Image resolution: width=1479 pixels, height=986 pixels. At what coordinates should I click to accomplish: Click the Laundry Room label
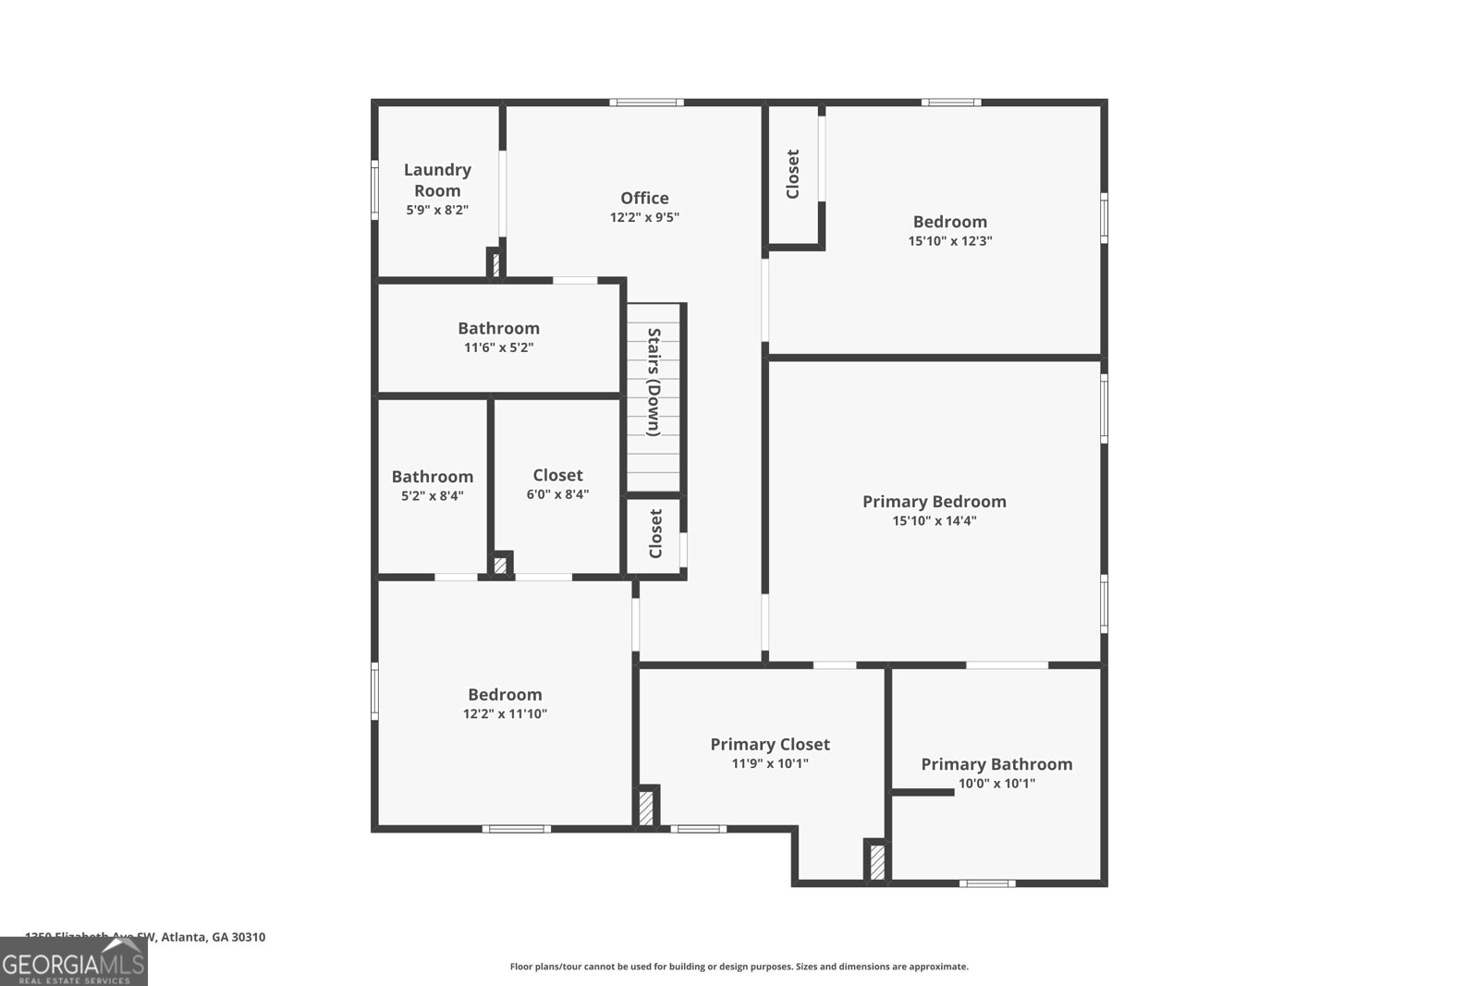(x=437, y=180)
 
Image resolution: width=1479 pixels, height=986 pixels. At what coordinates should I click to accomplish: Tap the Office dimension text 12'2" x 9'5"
(x=644, y=218)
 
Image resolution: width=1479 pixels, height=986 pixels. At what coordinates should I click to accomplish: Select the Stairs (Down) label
(x=654, y=382)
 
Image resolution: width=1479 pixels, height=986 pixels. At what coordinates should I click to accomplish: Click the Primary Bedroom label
(x=934, y=501)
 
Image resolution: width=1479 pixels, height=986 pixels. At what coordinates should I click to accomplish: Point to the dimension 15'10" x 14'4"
(x=934, y=521)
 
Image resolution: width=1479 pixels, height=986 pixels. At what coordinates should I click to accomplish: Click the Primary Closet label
(x=770, y=744)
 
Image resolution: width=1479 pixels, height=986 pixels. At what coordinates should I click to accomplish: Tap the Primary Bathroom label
(x=996, y=763)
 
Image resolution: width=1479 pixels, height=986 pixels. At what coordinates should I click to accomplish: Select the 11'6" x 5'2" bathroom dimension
(x=498, y=348)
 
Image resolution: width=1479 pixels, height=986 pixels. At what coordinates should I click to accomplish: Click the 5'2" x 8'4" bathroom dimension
(x=432, y=496)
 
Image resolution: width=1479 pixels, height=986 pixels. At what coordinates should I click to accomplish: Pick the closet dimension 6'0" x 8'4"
(x=557, y=494)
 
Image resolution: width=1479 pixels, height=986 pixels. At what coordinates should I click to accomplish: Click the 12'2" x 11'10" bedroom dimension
(x=505, y=714)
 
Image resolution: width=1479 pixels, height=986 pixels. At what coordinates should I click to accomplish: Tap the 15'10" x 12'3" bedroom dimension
(x=950, y=241)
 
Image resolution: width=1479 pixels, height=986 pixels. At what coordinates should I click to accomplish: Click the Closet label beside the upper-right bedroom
(x=792, y=174)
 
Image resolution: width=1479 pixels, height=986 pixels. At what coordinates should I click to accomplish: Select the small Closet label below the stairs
(x=655, y=534)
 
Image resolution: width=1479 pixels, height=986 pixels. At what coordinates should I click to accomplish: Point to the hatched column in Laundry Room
(x=495, y=264)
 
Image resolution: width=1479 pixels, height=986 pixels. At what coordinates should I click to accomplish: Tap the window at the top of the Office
(x=646, y=103)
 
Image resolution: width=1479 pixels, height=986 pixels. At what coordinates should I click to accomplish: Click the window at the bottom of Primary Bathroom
(x=986, y=883)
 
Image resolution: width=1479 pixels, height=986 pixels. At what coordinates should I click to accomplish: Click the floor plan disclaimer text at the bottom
(x=739, y=967)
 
